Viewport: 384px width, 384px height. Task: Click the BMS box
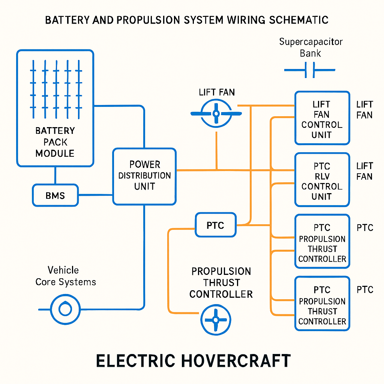tap(55, 195)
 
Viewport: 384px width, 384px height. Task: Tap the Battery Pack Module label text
tap(55, 142)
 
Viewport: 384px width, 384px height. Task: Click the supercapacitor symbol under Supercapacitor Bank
tap(310, 70)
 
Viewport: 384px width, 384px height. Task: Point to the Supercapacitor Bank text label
tap(310, 47)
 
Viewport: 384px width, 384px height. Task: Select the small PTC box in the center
tap(216, 225)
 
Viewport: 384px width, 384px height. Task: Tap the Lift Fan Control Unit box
tap(322, 118)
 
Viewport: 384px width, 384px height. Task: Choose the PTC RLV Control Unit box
tap(322, 180)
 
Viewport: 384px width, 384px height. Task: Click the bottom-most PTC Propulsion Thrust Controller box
tap(322, 304)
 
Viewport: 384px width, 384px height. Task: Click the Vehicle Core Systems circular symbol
tap(65, 309)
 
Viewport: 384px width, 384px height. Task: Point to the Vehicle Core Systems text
tap(65, 276)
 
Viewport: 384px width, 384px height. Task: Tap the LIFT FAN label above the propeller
tap(217, 92)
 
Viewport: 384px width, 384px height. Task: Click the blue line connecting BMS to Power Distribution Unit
tap(96, 195)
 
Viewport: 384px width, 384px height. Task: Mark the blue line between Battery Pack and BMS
tap(55, 175)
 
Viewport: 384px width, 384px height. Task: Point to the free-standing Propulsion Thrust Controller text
tap(221, 283)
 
